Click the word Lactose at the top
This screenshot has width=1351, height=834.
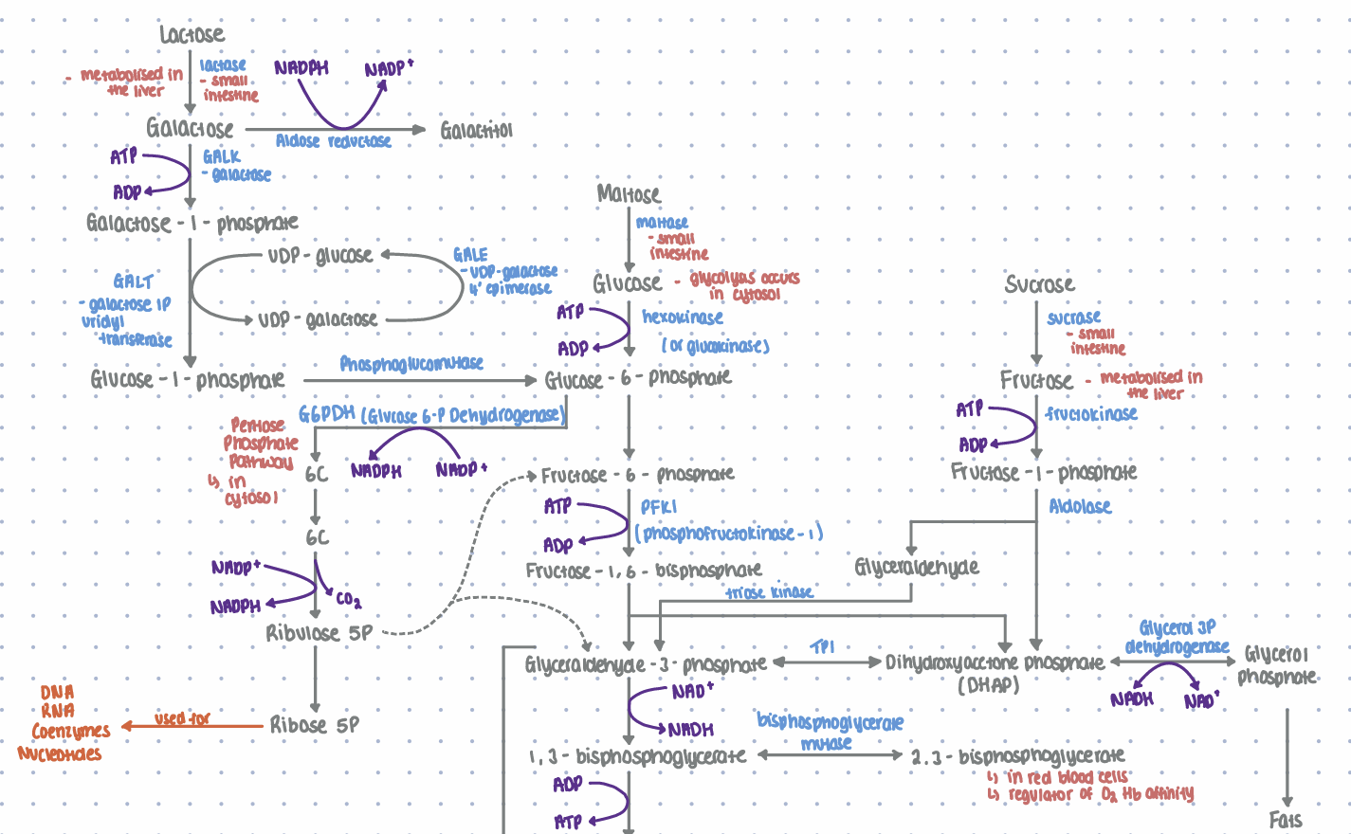click(192, 35)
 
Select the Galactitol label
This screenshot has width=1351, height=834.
click(476, 131)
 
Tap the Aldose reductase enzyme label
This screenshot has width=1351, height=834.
click(333, 141)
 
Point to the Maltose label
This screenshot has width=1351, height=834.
click(629, 194)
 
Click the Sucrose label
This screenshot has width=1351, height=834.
click(1039, 284)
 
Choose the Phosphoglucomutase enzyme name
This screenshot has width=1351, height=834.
click(411, 364)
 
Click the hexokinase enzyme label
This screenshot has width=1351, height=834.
click(683, 317)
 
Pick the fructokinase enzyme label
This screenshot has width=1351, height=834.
click(1091, 414)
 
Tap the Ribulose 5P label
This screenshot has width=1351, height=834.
click(319, 633)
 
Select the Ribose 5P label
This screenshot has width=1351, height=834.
click(315, 725)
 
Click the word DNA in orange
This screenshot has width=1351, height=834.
click(58, 693)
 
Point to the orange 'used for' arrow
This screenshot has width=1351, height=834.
click(190, 726)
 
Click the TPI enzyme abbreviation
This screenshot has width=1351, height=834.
click(823, 647)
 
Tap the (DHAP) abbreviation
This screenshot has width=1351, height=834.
click(988, 685)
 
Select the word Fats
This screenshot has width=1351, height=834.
click(1286, 820)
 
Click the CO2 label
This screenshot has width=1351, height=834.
click(348, 599)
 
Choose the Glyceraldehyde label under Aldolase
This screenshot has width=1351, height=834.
click(916, 568)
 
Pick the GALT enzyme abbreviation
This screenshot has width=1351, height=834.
click(133, 281)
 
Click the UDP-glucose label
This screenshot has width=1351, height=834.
click(319, 256)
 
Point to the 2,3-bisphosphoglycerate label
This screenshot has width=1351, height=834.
click(1018, 756)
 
